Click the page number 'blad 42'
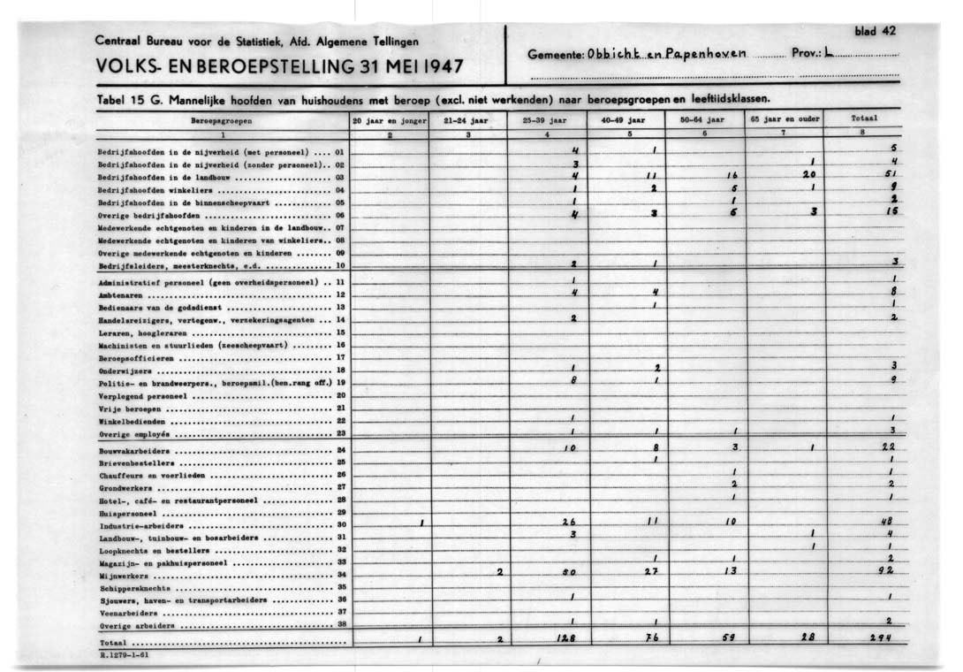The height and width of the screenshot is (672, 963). click(875, 31)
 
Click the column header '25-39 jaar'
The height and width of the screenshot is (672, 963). click(549, 118)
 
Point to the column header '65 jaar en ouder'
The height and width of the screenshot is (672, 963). click(784, 118)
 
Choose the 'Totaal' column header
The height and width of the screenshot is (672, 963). click(862, 118)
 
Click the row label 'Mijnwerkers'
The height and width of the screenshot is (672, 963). click(123, 574)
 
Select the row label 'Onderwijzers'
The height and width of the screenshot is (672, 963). click(125, 370)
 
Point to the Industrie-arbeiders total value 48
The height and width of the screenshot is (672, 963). click(888, 522)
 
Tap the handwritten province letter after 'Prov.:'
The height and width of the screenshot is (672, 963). click(828, 53)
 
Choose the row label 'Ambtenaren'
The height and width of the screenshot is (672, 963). click(124, 294)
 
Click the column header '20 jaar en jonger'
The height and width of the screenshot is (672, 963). click(390, 118)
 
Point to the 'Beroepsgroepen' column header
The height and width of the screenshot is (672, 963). click(223, 118)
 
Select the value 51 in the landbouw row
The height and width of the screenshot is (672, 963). click(890, 175)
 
